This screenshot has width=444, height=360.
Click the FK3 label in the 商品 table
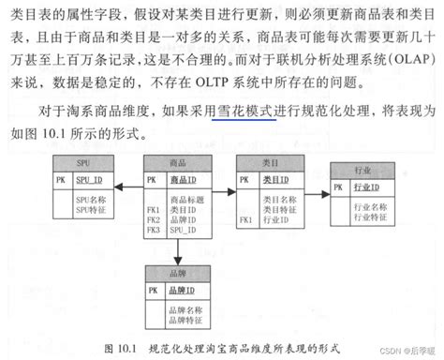pos(152,229)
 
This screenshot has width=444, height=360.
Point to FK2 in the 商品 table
pos(152,219)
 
